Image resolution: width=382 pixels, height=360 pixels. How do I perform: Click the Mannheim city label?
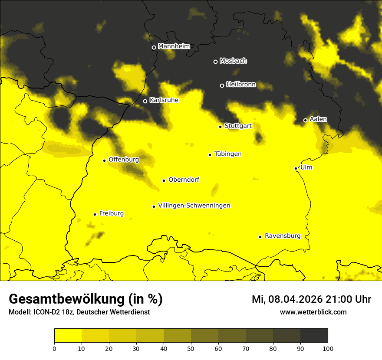174,46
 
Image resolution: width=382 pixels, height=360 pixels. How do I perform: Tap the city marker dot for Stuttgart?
221,127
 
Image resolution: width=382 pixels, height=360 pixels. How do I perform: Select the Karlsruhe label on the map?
164,100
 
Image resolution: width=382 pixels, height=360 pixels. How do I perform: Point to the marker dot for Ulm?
296,168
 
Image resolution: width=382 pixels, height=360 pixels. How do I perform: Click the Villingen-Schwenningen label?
194,206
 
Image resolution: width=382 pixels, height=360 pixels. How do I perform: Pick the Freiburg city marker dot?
95,214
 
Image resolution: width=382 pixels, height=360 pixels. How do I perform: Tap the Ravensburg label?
283,236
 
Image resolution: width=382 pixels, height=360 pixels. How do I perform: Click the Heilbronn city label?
241,85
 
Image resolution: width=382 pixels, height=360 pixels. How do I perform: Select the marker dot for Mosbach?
215,62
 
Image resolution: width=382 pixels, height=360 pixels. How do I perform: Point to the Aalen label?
318,119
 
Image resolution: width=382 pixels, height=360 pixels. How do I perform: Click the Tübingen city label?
228,154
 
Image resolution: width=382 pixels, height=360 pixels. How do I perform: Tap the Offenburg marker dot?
105,160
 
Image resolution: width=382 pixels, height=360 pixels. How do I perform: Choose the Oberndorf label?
184,180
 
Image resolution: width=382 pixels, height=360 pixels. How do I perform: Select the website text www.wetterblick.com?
313,312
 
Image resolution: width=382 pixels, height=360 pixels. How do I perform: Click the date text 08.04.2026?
295,299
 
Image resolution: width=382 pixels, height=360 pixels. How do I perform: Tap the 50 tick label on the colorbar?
191,348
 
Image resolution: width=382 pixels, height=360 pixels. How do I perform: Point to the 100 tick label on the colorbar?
328,348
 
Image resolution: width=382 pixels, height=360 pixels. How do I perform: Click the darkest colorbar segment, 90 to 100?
314,336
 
